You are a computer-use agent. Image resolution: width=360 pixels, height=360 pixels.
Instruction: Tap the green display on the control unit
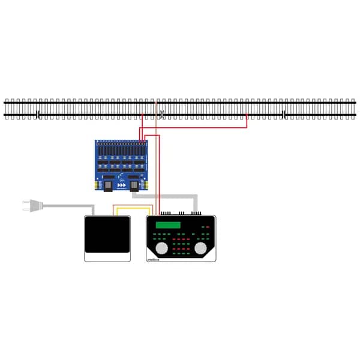click(167, 226)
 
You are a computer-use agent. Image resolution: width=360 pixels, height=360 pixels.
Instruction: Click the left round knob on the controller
click(161, 248)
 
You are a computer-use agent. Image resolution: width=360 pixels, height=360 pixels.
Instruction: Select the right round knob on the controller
click(200, 248)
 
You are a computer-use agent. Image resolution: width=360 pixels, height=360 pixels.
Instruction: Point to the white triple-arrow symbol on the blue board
click(122, 185)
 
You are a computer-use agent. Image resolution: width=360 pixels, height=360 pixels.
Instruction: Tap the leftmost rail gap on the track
click(38, 114)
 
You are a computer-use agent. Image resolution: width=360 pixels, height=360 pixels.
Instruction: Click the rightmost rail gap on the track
click(283, 114)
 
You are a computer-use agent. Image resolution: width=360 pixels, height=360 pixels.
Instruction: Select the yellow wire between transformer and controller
click(134, 208)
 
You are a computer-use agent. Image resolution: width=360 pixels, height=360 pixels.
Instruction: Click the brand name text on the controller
click(154, 258)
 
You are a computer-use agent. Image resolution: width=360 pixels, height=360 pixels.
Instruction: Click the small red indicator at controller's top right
click(208, 227)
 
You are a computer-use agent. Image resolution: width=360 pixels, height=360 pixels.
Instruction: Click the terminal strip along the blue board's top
click(120, 144)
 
